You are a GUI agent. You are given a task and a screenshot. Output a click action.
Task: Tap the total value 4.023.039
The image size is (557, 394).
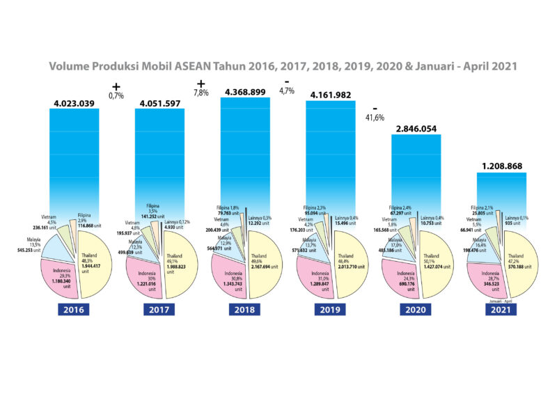click(x=77, y=104)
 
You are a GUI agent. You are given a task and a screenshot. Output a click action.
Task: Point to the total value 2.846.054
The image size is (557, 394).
click(x=416, y=130)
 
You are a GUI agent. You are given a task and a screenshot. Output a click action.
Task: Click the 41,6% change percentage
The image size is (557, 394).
click(x=377, y=118)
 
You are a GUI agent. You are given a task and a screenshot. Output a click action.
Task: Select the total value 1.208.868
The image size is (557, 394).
click(x=501, y=166)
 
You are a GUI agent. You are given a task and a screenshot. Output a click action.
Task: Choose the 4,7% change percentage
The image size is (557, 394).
click(x=287, y=90)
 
